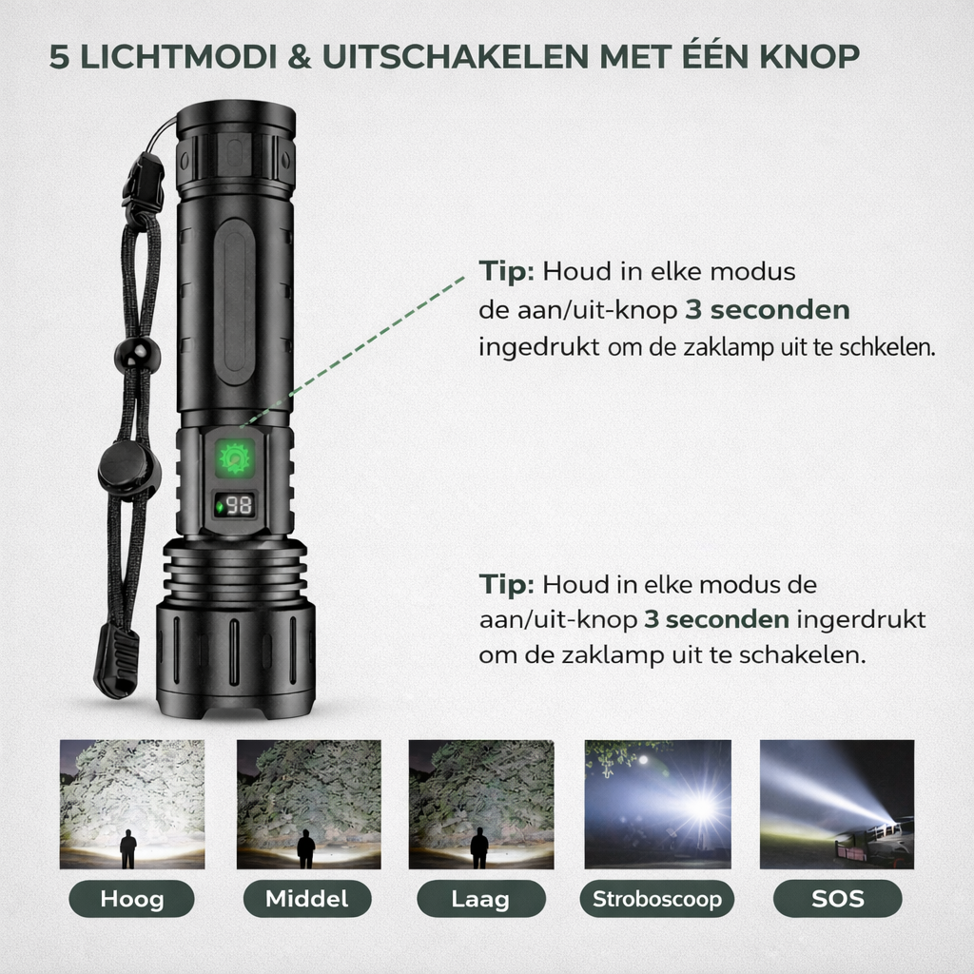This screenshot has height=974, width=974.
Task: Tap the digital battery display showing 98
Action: click(235, 506)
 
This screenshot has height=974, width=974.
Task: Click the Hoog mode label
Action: click(131, 898)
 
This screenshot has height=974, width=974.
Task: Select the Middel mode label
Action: click(306, 898)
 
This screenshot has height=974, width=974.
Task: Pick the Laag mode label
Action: click(481, 898)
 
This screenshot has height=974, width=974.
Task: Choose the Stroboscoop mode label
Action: click(657, 898)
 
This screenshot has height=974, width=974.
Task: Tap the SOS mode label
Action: click(837, 898)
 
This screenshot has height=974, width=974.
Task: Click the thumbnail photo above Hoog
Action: click(132, 804)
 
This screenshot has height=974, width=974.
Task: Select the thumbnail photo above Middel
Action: click(308, 804)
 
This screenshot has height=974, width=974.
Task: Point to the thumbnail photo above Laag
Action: click(481, 804)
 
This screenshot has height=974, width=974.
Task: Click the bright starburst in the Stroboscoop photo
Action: click(701, 808)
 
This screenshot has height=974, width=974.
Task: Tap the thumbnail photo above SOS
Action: click(836, 804)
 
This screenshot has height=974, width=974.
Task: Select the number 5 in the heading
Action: click(59, 56)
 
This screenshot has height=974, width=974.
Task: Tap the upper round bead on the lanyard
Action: click(136, 354)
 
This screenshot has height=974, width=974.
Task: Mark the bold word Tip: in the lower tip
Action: click(507, 584)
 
